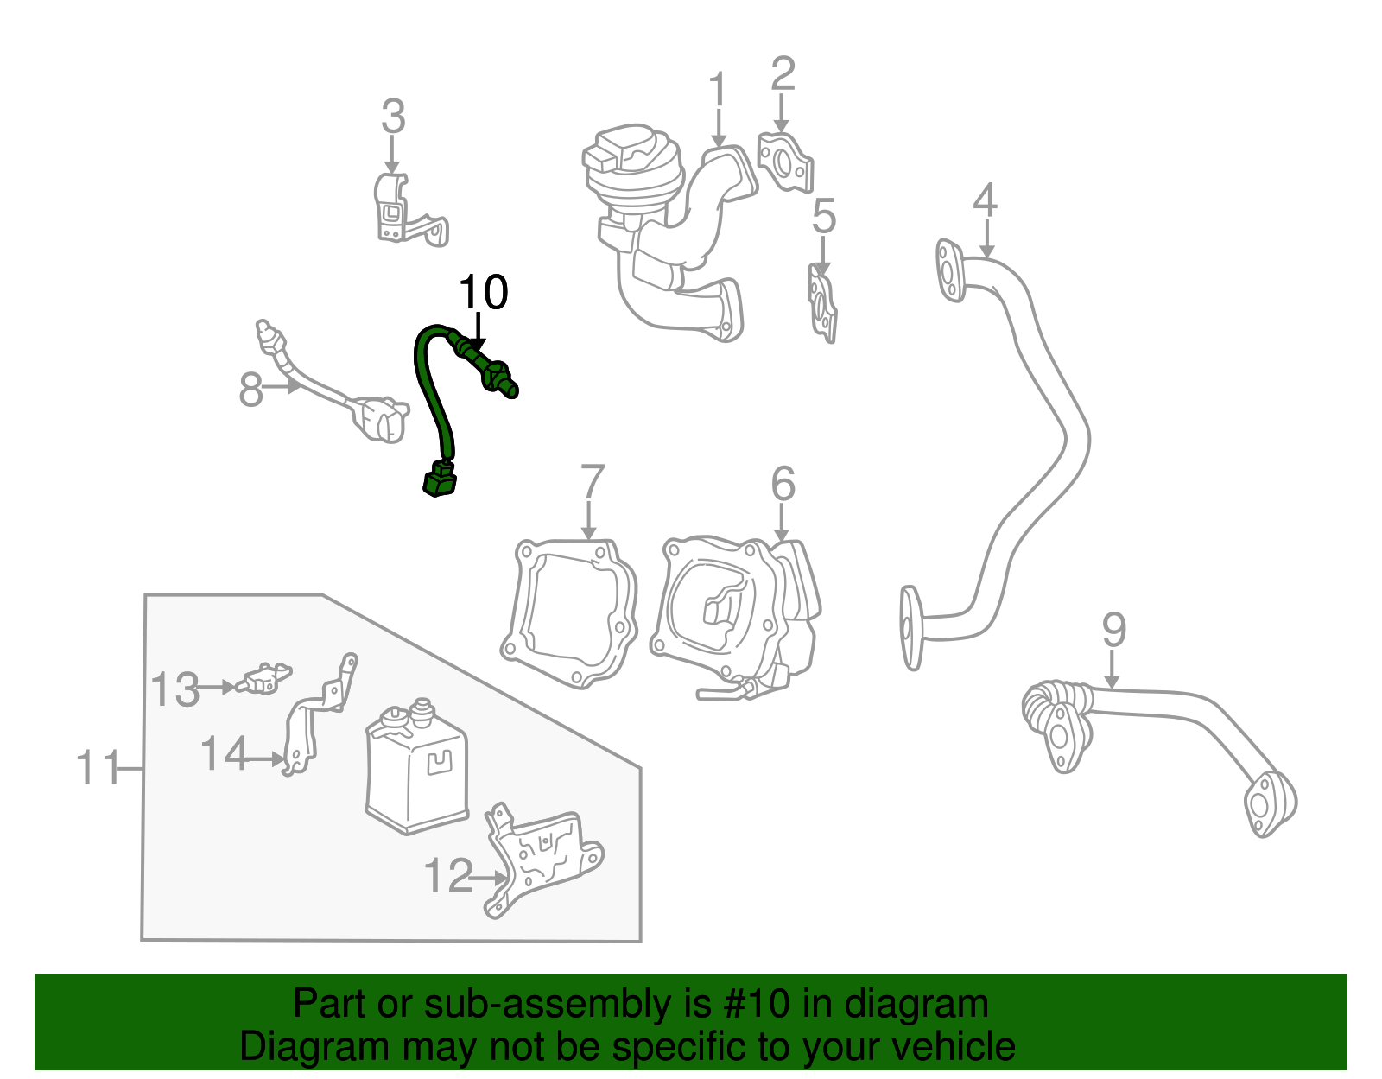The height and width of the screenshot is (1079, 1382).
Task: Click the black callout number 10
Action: coord(483,294)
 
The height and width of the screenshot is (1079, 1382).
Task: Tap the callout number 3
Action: coord(393,117)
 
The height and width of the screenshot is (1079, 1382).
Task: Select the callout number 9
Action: coord(1113,631)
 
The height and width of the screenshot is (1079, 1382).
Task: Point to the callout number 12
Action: coord(448,876)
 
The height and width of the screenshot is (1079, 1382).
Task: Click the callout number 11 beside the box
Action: coord(97,767)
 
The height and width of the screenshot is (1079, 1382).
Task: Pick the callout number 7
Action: coord(592,484)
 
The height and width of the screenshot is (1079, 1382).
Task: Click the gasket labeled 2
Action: coord(785,162)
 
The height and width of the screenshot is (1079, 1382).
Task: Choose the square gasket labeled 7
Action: coord(570,612)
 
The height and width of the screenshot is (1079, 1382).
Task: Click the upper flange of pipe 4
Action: coord(950,270)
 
